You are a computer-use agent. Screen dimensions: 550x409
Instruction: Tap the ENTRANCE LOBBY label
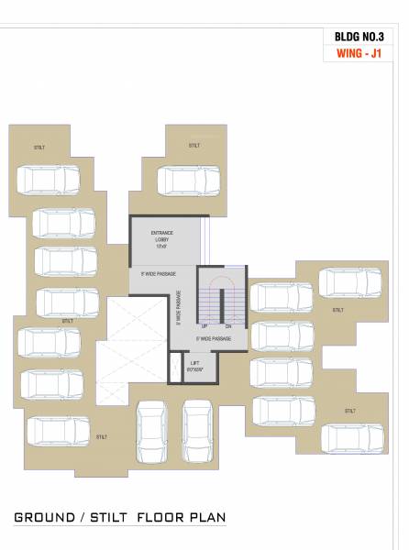tap(162, 236)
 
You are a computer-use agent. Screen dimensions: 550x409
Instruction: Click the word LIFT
tap(194, 363)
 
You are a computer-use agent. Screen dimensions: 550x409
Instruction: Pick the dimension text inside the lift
tap(194, 371)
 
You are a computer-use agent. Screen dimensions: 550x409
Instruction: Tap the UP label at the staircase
tap(204, 326)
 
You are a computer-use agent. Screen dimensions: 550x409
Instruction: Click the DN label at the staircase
tap(228, 326)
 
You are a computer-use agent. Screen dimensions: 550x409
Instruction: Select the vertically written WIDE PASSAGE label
tap(180, 309)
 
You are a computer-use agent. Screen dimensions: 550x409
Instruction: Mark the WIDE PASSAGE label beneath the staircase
tap(214, 339)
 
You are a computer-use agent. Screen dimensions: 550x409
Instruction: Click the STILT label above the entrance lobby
tap(194, 146)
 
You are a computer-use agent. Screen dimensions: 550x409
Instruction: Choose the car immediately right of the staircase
tap(282, 297)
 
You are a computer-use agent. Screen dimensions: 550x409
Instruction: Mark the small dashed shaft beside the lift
tap(173, 369)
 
